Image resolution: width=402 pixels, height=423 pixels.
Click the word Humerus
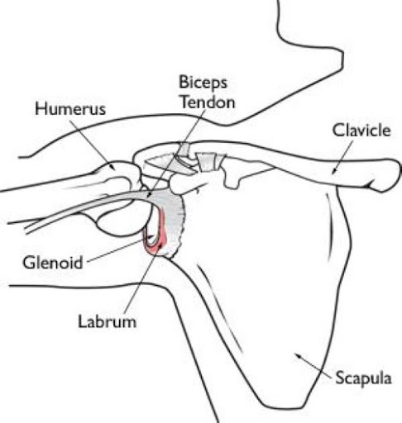(x=70, y=109)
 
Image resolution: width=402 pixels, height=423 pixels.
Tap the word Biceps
(x=203, y=83)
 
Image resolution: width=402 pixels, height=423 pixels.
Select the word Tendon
(x=208, y=102)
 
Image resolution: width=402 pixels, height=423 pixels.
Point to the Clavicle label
(x=361, y=130)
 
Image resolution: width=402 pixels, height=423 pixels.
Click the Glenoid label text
(x=53, y=263)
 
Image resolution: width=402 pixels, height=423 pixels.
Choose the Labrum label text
(x=107, y=321)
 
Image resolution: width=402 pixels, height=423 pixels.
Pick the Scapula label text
(x=363, y=378)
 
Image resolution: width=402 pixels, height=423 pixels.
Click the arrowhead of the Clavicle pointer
(x=333, y=172)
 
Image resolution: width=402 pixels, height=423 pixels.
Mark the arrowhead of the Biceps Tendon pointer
(x=148, y=195)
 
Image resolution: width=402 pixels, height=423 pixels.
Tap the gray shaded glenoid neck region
(x=172, y=217)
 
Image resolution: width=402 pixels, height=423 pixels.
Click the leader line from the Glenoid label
(x=115, y=251)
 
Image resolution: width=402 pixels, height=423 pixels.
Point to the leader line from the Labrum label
(x=143, y=279)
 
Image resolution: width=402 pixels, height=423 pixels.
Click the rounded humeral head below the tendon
(x=120, y=221)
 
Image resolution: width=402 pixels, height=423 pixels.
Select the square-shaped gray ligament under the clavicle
(x=208, y=162)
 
